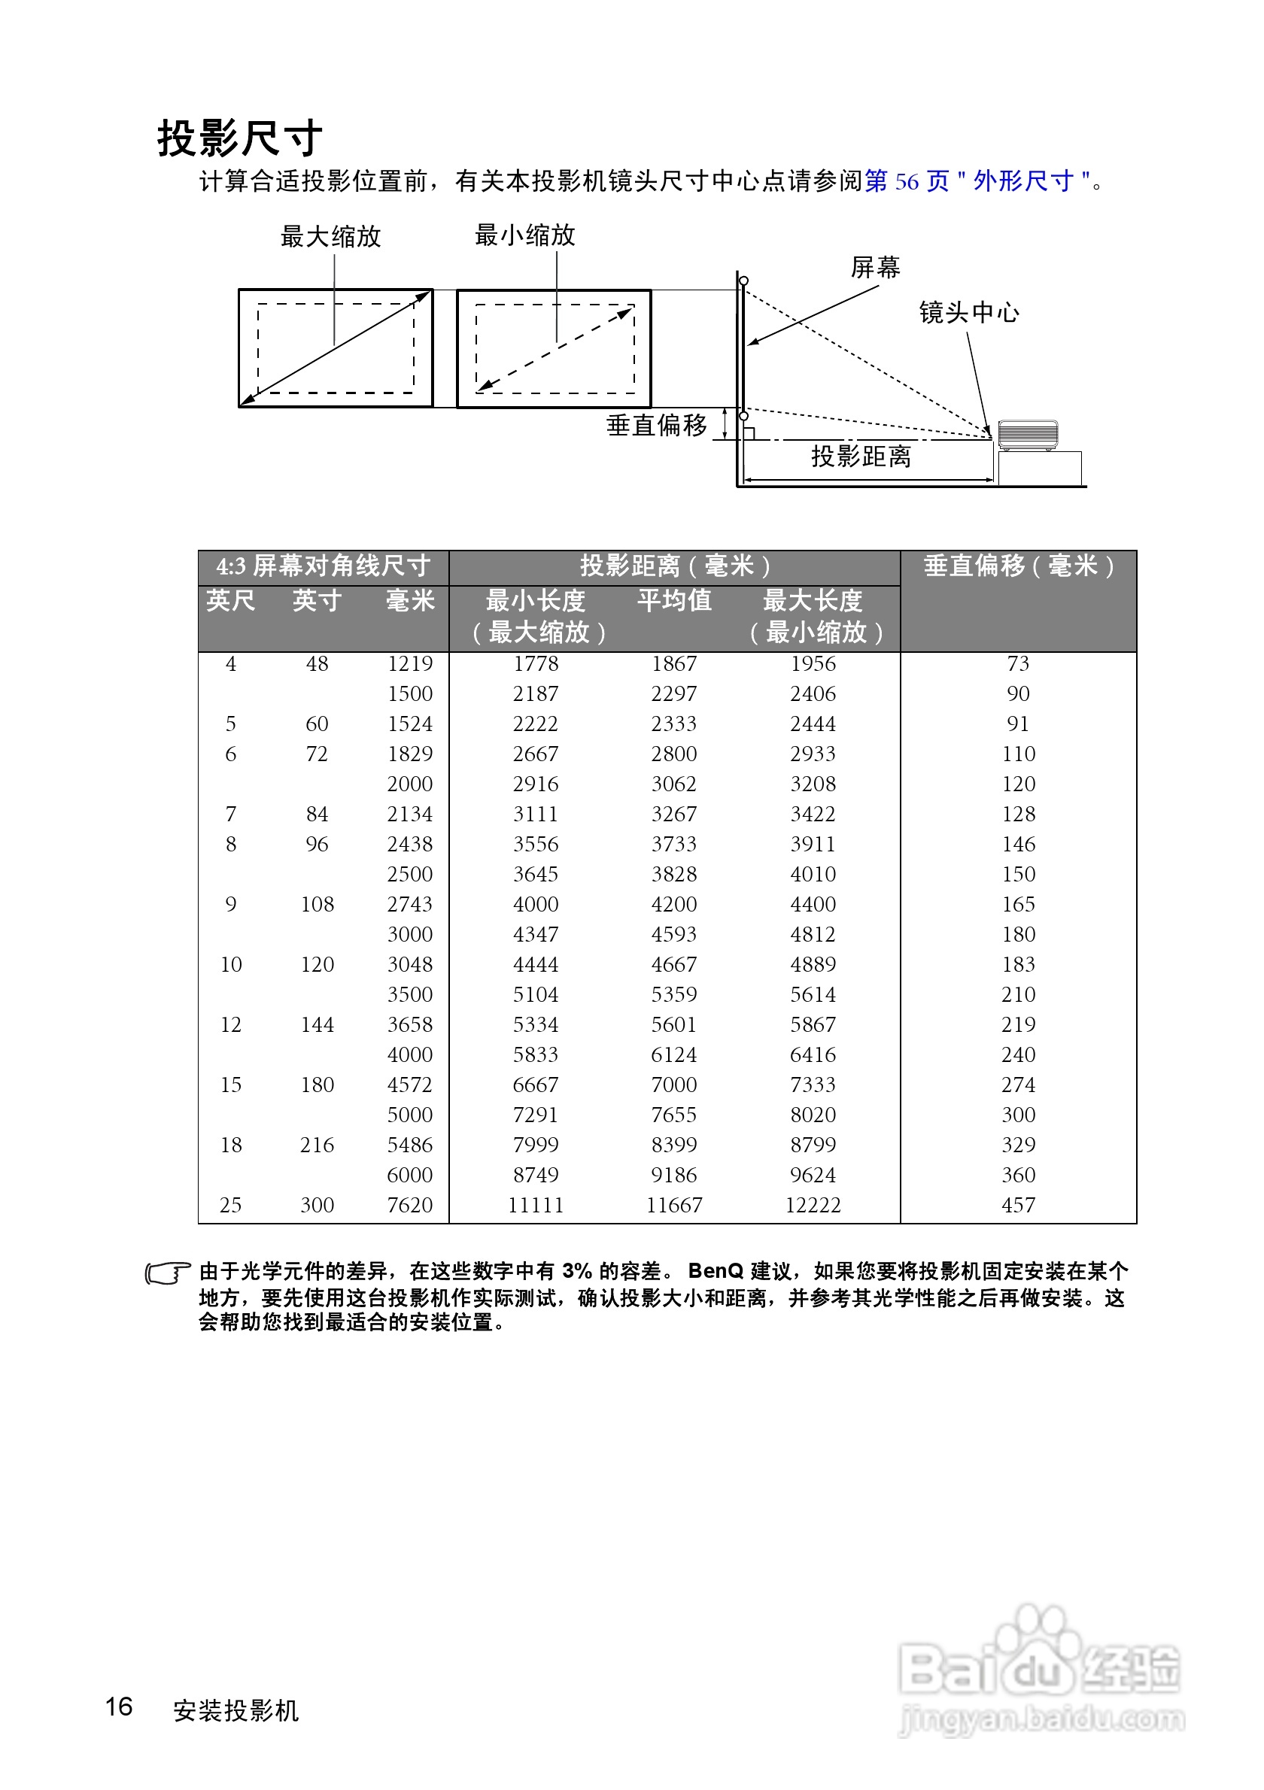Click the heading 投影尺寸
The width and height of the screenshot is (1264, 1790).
coord(239,140)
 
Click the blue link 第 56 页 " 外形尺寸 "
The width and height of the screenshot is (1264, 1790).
coord(978,182)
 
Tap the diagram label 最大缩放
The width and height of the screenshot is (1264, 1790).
coord(330,236)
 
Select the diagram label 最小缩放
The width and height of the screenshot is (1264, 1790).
coord(524,235)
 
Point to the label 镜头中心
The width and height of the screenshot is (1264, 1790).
coord(968,313)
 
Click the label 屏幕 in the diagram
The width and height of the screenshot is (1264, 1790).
coord(875,268)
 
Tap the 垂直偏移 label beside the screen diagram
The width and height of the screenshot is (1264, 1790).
coord(657,426)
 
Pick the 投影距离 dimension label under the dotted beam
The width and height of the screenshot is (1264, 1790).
coord(861,457)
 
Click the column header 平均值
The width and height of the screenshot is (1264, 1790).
coord(673,600)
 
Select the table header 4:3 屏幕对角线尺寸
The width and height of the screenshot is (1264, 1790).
coord(324,566)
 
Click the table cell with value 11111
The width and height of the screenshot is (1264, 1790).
coord(535,1206)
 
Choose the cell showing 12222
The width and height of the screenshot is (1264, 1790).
coord(813,1206)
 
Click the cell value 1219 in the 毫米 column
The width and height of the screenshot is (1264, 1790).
coord(409,663)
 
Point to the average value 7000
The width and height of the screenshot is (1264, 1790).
coord(673,1085)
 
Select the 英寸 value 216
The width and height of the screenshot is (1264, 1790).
coord(317,1145)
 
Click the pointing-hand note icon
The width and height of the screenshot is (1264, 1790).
coord(168,1273)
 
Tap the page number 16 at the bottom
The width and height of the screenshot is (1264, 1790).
coord(120,1707)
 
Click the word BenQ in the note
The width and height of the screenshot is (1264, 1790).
coord(715,1272)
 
